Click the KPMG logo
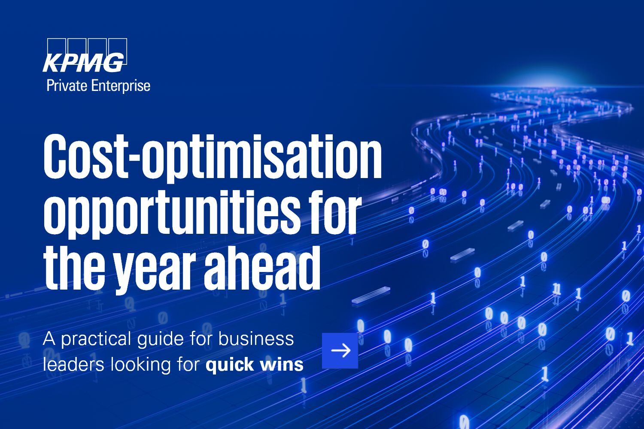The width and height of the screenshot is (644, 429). point(85,55)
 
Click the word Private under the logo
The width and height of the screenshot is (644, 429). point(67,86)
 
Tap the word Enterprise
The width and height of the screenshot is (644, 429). point(121,86)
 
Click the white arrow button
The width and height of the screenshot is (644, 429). point(340,350)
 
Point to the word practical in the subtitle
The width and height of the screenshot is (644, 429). point(96,339)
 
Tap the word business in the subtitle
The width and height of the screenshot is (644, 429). point(256,338)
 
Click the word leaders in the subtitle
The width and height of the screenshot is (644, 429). point(73,364)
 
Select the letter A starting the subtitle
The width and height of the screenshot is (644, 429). point(49,339)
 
